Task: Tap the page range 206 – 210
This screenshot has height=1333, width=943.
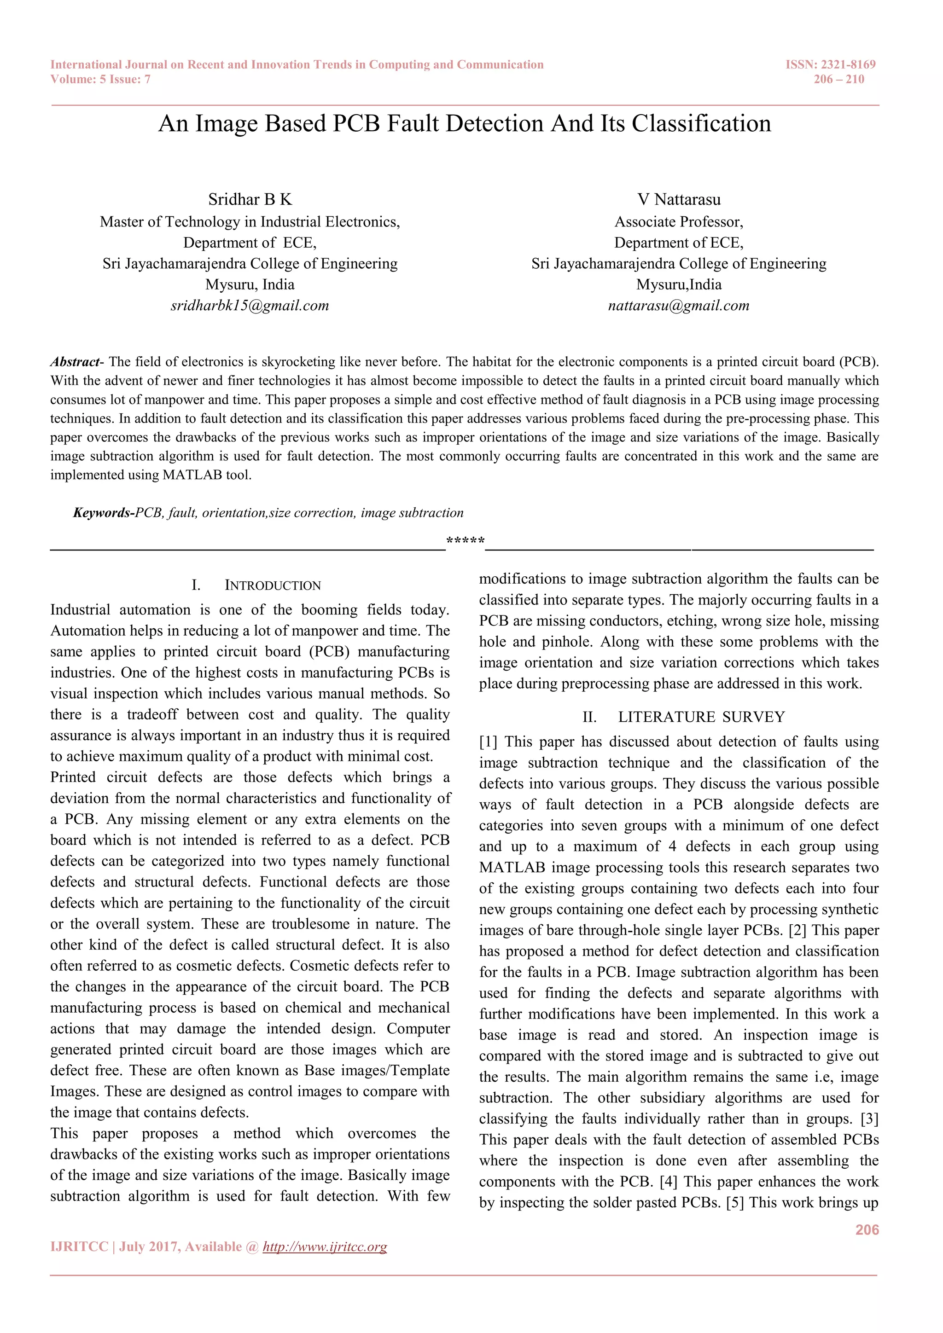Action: pyautogui.click(x=838, y=80)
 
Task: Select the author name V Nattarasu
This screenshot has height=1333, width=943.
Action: pyautogui.click(x=679, y=200)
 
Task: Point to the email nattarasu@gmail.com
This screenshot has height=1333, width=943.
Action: pyautogui.click(x=679, y=306)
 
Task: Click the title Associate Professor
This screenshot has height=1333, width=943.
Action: pyautogui.click(x=679, y=222)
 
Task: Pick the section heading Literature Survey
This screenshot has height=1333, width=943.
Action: pyautogui.click(x=701, y=718)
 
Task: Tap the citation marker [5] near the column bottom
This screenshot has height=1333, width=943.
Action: pyautogui.click(x=734, y=1203)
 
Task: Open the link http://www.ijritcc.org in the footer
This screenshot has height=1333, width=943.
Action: pyautogui.click(x=325, y=1247)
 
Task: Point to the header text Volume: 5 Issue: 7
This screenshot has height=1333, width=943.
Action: pyautogui.click(x=100, y=80)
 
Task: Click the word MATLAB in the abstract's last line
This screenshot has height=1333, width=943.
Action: pyautogui.click(x=192, y=475)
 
